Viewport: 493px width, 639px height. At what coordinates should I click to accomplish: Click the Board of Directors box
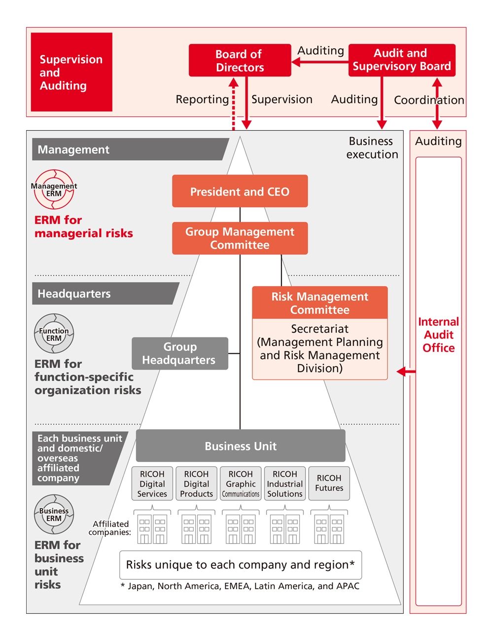[x=240, y=60]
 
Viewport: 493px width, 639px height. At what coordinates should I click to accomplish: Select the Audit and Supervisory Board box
[x=401, y=60]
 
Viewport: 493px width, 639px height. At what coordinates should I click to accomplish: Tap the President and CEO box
[x=240, y=191]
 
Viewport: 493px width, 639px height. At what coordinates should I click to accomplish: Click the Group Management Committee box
[x=240, y=238]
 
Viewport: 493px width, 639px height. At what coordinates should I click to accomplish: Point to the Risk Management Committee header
[x=319, y=302]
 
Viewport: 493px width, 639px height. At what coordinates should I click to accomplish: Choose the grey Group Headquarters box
[x=179, y=353]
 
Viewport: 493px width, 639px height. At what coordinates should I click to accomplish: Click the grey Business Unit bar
[x=240, y=446]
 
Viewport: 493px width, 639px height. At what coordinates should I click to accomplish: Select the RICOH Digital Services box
[x=152, y=484]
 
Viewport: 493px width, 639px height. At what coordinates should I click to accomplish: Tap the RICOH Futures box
[x=329, y=484]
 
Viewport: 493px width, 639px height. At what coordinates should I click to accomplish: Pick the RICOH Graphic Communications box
[x=241, y=484]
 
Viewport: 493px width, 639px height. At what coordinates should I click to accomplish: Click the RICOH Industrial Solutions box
[x=285, y=484]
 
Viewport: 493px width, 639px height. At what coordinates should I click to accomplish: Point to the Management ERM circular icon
[x=54, y=189]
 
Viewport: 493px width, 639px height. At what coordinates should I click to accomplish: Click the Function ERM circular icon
[x=54, y=334]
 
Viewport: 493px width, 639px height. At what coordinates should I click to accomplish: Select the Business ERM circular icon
[x=54, y=514]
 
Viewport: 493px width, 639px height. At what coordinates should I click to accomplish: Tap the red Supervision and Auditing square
[x=71, y=72]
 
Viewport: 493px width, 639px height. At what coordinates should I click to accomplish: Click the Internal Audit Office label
[x=438, y=335]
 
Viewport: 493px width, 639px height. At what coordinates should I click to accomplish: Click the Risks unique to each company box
[x=240, y=564]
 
